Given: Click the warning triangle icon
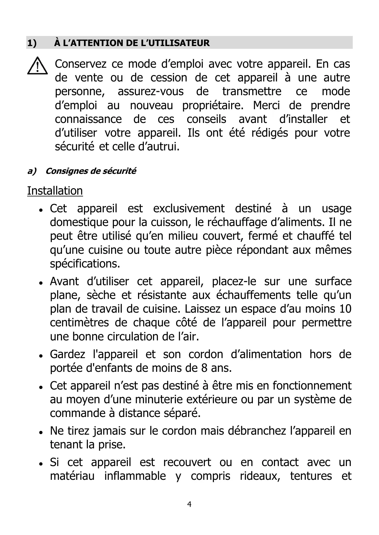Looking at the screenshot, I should pos(37,66).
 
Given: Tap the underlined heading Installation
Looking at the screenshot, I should pos(55,191).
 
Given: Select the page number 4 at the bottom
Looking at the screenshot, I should pos(189,504).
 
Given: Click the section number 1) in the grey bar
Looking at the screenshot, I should pos(32,43).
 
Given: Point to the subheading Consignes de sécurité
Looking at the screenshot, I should pos(91,171).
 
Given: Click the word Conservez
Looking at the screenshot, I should pos(81,64).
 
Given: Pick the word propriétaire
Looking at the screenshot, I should pos(213,106).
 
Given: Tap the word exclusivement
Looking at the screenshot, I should pos(189,209).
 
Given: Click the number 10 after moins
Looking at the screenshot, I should pos(345,309).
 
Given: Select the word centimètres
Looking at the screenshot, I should pos(79,323).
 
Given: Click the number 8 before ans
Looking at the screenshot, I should pos(204,368).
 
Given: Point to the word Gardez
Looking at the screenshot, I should pos(67,354).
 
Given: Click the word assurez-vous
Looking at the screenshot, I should pos(151,92).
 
